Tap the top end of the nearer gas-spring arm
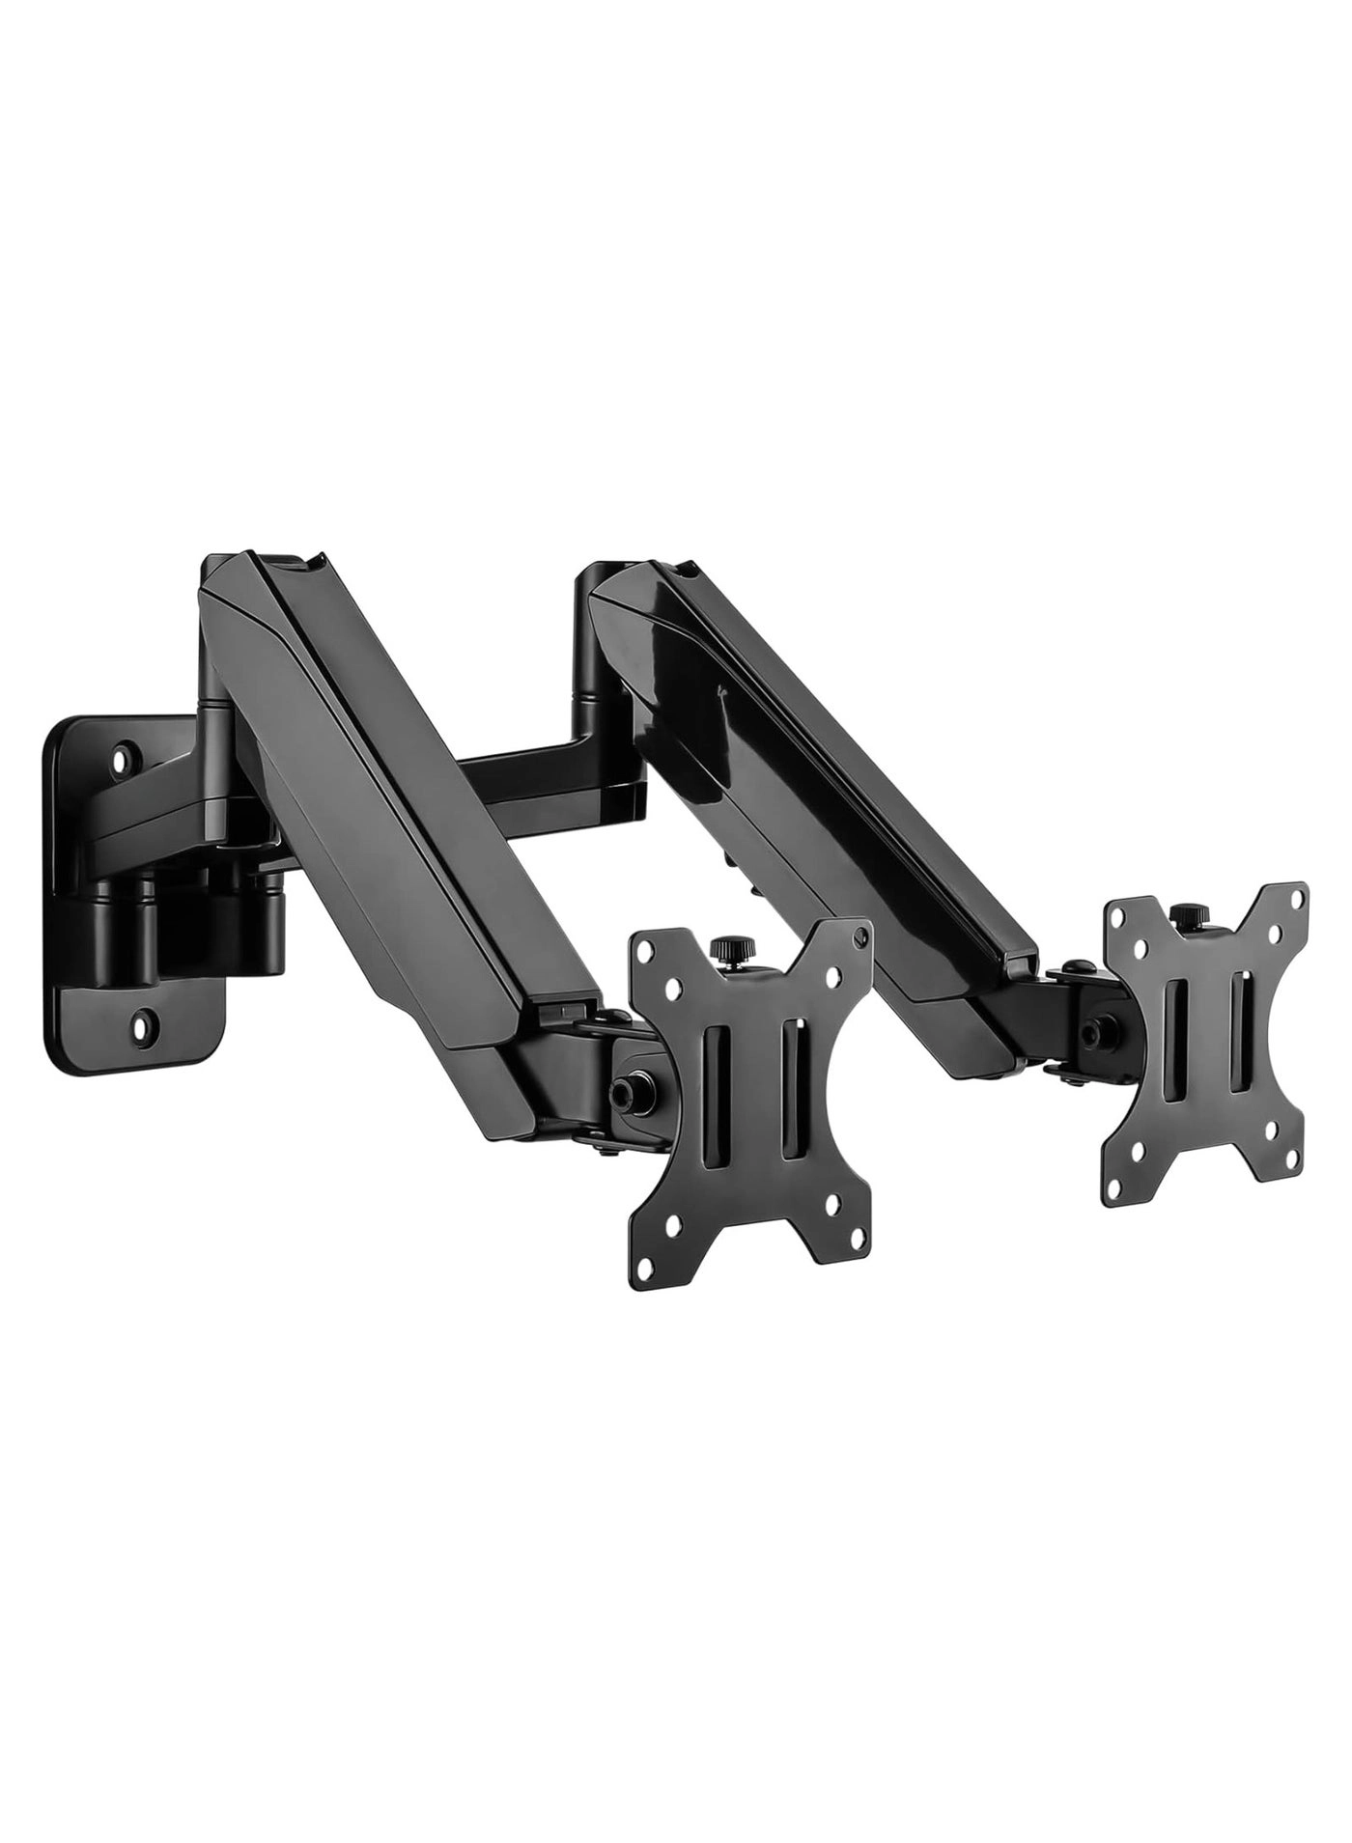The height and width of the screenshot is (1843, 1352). pos(261,565)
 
